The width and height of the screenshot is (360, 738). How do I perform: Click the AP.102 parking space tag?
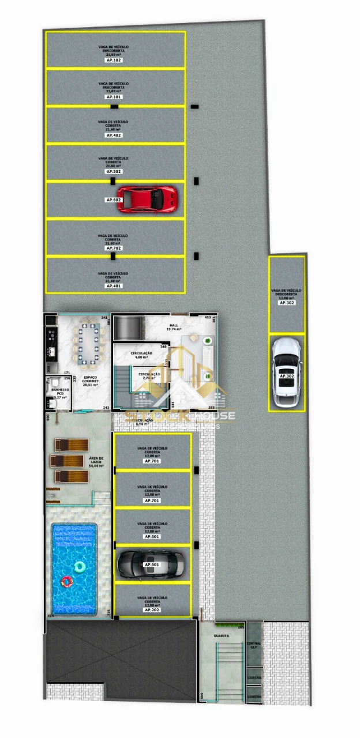pos(114,60)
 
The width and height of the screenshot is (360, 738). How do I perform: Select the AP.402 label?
pos(114,135)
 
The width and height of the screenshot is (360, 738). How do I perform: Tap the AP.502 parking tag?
pos(114,172)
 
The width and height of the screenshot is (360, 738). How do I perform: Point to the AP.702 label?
pos(114,248)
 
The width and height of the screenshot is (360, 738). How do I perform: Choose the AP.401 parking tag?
pos(114,285)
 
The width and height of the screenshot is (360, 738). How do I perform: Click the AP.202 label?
pos(152,609)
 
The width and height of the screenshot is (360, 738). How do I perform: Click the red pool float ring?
pos(67,582)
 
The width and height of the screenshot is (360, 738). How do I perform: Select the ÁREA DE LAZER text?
pos(96,462)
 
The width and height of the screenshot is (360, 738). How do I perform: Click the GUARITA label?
pos(221,636)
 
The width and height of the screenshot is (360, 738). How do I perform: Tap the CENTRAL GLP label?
pos(254,645)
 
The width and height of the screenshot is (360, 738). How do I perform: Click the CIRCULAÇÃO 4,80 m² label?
pos(141,355)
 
